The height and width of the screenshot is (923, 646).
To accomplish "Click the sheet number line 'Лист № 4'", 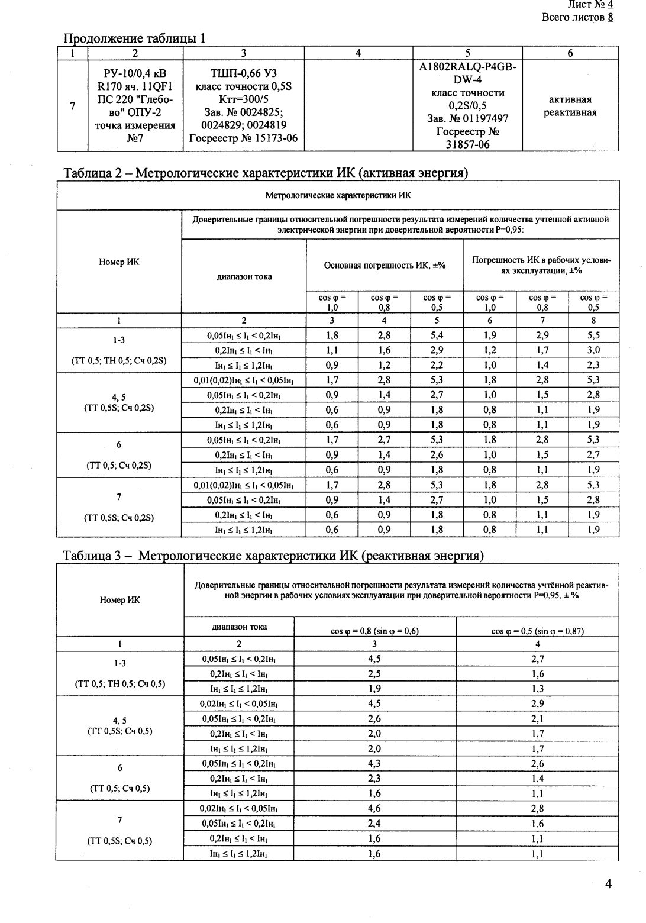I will coord(590,5).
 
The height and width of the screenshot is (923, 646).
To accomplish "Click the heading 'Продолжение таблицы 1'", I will coord(134,39).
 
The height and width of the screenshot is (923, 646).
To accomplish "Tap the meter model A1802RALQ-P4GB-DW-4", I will coord(467,73).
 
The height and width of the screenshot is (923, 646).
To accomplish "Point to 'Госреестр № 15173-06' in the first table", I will coord(243,138).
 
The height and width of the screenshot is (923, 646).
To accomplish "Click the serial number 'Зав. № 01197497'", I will coord(467,119).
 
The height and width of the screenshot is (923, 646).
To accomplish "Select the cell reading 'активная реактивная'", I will coord(570,106).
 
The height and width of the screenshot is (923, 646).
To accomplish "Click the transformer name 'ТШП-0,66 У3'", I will coord(243,73).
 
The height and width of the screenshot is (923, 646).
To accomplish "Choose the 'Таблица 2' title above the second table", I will coord(265,173).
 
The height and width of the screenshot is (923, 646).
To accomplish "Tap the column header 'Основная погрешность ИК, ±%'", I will coord(385,266).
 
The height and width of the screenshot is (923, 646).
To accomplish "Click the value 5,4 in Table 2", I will coord(437,335).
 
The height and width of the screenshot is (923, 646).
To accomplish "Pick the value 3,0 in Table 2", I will coord(593,350).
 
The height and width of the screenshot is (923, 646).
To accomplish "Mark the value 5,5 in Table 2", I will coord(593,335).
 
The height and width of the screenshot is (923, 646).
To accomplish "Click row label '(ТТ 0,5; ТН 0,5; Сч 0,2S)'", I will coord(119,361).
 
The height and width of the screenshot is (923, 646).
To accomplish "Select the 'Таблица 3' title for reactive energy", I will coord(273,556).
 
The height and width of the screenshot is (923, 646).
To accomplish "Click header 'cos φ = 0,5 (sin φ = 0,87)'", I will coord(537,631).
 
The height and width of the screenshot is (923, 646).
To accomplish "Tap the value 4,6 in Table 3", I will coord(374,808).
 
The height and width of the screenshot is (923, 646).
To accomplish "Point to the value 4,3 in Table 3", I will coord(374,764).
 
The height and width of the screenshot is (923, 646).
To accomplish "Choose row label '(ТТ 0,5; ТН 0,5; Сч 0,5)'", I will coord(120,684).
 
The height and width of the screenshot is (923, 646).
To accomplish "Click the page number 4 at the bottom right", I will coord(608,884).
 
